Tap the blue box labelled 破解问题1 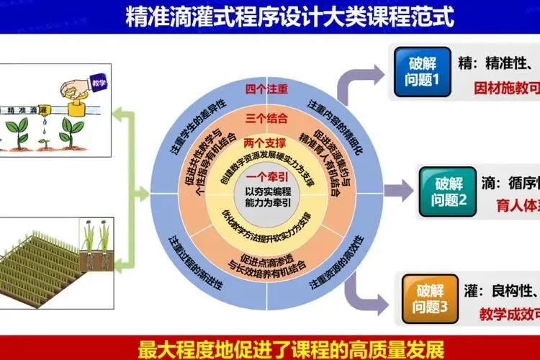(423, 72)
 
